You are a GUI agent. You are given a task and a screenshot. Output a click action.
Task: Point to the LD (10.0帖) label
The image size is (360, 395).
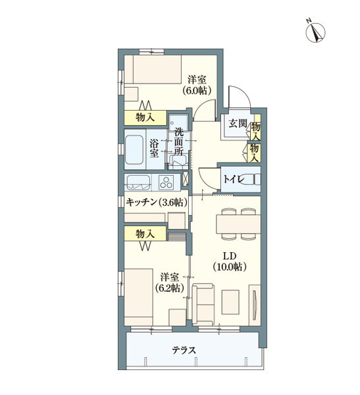[228, 261]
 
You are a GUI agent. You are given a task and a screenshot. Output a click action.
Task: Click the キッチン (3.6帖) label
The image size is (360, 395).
[155, 202]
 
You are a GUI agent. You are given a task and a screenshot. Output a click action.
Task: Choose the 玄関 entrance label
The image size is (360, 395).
[236, 123]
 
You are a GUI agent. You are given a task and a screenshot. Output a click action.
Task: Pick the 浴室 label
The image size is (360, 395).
[154, 148]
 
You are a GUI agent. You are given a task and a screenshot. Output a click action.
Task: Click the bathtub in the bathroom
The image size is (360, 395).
[135, 150]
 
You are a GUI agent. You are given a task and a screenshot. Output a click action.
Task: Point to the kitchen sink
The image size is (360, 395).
[137, 182]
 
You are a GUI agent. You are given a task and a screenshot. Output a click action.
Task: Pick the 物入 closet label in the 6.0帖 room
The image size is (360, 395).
[145, 117]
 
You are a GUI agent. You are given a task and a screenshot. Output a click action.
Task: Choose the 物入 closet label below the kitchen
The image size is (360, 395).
[145, 233]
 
